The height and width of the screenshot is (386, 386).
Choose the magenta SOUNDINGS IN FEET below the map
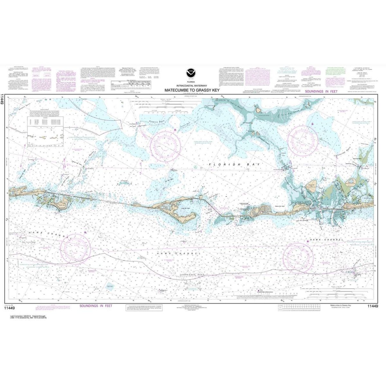coord(96,306)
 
